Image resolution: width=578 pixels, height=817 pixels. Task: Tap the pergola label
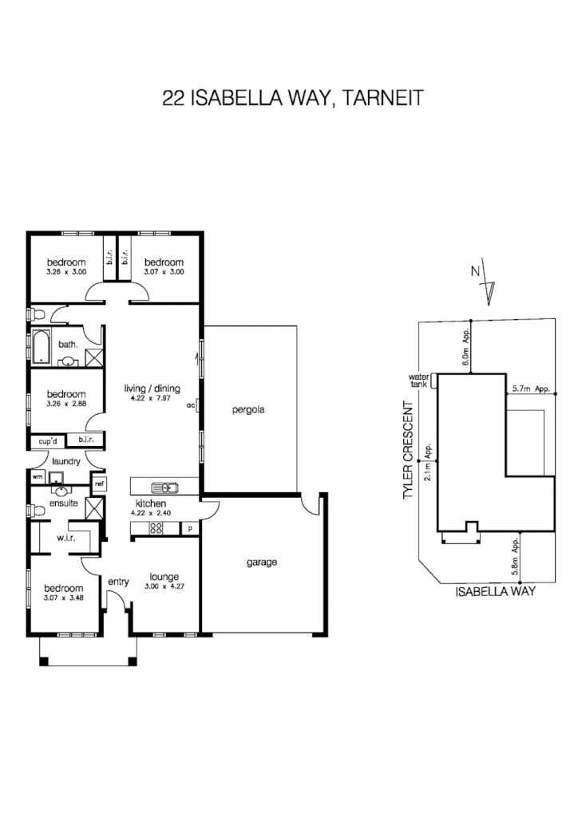[247, 410]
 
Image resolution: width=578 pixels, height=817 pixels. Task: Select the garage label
[261, 562]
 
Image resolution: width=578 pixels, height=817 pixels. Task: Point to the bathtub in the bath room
[42, 348]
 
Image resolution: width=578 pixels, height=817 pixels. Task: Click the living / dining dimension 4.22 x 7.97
[152, 399]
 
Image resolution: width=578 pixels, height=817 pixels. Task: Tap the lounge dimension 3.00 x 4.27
[163, 587]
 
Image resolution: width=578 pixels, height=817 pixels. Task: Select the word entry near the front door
[118, 582]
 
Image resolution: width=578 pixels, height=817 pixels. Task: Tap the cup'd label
[46, 440]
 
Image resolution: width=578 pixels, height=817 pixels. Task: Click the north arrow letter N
[475, 270]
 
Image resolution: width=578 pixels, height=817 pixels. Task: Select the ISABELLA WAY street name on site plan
[494, 592]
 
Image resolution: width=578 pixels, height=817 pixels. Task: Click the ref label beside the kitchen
[99, 483]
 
